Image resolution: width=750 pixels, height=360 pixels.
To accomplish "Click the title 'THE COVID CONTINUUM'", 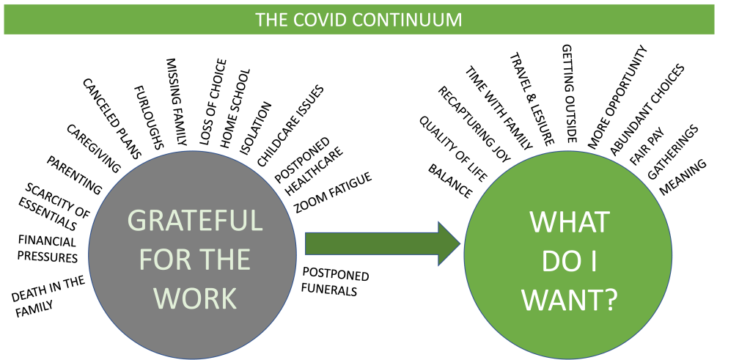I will (x=359, y=19).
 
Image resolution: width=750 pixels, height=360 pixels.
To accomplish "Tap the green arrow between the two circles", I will (x=381, y=244).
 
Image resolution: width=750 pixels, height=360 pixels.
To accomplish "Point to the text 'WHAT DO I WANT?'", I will (x=569, y=262).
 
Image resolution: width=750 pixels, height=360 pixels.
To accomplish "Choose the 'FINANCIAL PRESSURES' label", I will (x=48, y=249).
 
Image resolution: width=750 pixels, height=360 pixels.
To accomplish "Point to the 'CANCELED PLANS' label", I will (x=111, y=113).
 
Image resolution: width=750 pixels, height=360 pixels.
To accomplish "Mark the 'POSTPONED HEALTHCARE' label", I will (x=306, y=166).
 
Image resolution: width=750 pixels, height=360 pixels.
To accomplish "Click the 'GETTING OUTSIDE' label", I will (x=569, y=92).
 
